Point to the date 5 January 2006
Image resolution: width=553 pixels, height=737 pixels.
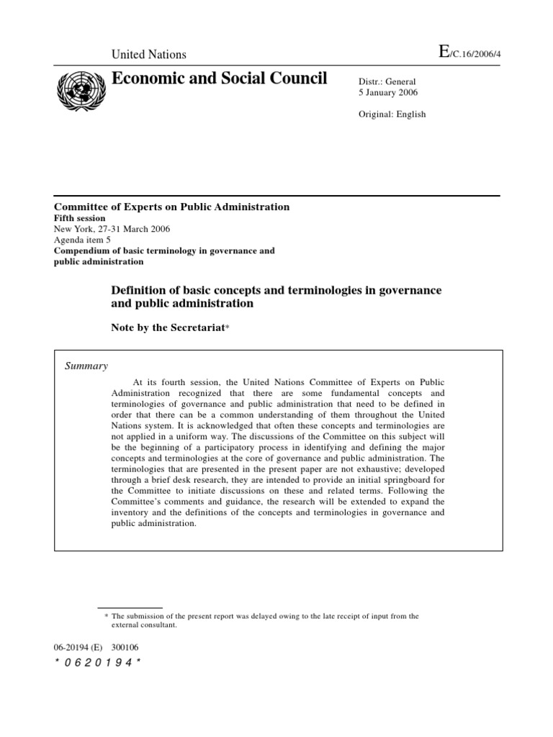coord(388,93)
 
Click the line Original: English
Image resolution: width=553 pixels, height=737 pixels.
coord(392,114)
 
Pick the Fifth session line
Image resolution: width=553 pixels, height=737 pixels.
coord(80,218)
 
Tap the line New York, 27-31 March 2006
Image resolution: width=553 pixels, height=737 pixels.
coord(112,229)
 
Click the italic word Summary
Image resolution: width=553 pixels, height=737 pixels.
coord(86,366)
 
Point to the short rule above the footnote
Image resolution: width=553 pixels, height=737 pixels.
coord(130,607)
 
